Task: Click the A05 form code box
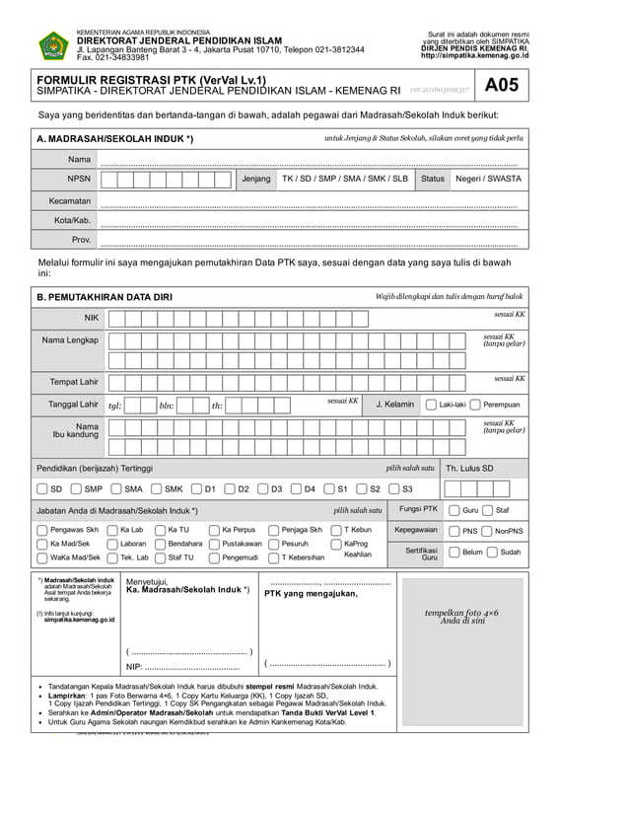tap(499, 86)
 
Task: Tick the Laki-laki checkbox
tap(432, 405)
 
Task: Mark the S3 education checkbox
tap(393, 488)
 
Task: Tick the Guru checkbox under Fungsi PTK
tap(454, 510)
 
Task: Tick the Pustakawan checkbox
tap(214, 544)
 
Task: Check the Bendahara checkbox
tap(160, 544)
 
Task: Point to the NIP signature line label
tap(135, 667)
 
